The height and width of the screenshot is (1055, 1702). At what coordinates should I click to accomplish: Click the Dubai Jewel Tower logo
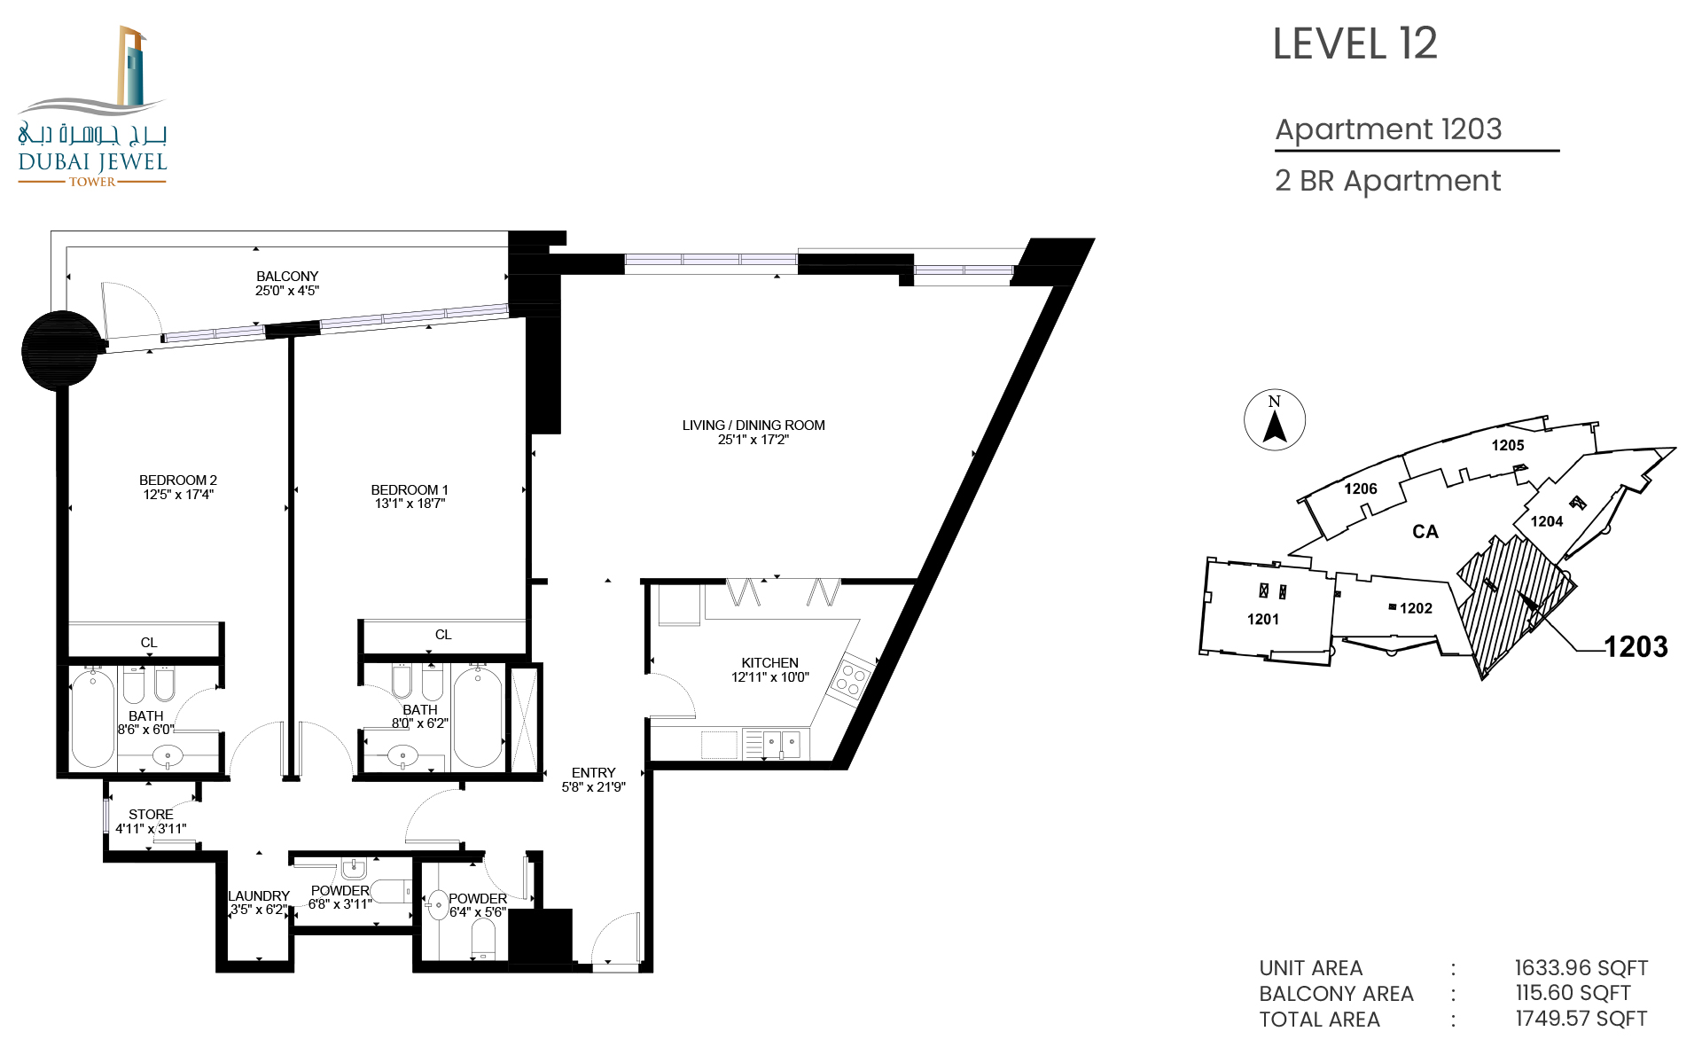point(92,105)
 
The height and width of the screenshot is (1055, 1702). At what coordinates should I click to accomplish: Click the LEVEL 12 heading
point(1355,44)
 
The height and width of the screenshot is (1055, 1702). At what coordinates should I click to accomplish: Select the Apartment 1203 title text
point(1388,129)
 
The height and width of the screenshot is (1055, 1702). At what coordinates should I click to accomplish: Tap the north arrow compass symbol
point(1275,419)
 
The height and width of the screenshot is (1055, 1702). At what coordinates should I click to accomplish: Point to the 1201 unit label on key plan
point(1263,619)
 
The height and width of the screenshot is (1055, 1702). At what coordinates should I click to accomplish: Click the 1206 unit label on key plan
point(1361,488)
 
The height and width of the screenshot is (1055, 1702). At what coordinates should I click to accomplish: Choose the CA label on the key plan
point(1425,532)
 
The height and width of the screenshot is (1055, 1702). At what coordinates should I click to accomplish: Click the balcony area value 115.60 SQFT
point(1573,993)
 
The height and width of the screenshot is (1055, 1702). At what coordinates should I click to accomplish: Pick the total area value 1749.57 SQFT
point(1581,1019)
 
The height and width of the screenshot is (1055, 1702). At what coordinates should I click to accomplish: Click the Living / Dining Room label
point(753,426)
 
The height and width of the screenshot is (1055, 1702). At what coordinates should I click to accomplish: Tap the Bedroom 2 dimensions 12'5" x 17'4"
point(178,495)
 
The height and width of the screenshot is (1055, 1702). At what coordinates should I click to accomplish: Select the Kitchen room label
point(769,663)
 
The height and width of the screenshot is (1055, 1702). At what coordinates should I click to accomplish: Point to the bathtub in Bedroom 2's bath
point(93,718)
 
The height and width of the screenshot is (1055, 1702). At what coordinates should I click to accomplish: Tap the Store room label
point(151,815)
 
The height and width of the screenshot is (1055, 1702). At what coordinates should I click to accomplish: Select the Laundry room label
point(259,896)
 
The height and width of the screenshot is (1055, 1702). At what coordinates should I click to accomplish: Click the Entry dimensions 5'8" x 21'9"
point(593,787)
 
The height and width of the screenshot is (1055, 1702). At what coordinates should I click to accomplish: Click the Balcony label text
point(287,277)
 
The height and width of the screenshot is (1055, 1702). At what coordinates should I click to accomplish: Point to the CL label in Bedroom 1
point(443,635)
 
